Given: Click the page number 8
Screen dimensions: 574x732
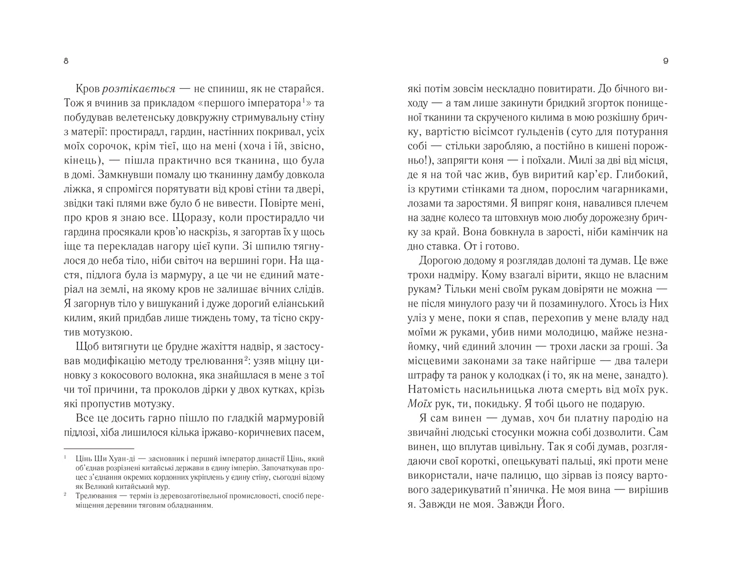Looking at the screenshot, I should tap(66, 61).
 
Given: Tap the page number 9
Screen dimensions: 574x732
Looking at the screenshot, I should tap(665, 61).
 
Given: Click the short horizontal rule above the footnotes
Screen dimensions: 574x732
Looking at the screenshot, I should tap(99, 448).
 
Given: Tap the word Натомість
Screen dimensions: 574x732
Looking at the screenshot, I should tap(431, 390).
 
